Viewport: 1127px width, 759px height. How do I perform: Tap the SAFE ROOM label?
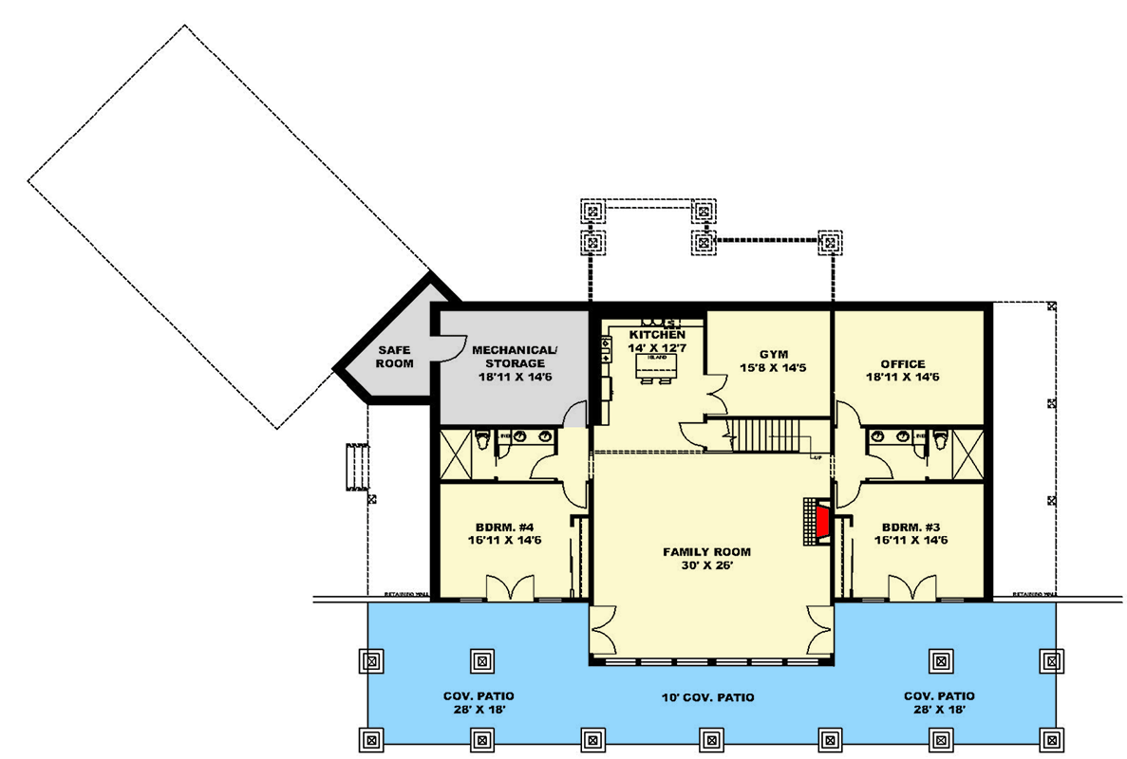[x=394, y=357]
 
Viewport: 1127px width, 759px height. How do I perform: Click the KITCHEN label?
[x=657, y=336]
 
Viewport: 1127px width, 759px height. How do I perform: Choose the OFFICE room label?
[x=902, y=363]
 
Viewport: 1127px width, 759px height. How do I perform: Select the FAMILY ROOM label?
[x=706, y=551]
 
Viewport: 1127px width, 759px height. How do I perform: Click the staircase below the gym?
[x=769, y=435]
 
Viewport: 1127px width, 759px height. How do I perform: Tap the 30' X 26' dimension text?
[x=706, y=565]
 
